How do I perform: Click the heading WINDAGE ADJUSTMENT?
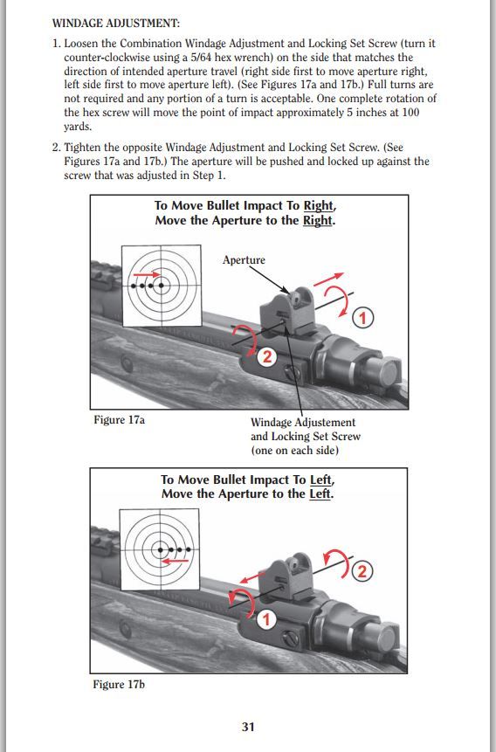coord(115,23)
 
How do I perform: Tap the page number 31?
coord(248,727)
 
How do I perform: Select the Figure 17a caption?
coord(119,420)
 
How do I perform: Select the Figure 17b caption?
coord(119,685)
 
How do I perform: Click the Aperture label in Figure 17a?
coord(244,260)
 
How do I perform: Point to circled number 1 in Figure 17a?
coord(362,318)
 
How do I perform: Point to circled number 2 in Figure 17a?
coord(267,356)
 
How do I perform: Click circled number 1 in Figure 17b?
coord(266,619)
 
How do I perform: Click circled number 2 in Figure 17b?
coord(362,570)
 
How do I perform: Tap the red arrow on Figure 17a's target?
coord(147,274)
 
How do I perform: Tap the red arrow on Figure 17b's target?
coord(175,560)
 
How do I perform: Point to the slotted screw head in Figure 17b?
coord(291,638)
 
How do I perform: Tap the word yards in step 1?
coord(77,128)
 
